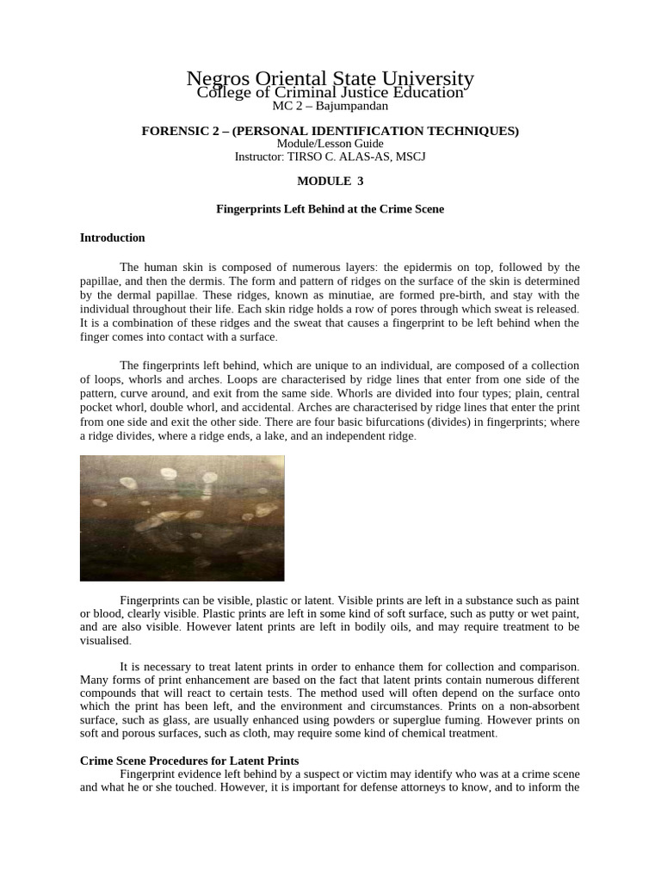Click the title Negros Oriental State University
[x=330, y=78]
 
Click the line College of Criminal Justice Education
[x=330, y=92]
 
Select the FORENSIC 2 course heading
[x=330, y=131]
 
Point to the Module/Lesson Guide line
[x=330, y=144]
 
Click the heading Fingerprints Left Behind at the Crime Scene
[x=330, y=209]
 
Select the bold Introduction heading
[x=113, y=237]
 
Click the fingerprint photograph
[x=182, y=518]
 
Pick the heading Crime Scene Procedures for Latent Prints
[x=189, y=761]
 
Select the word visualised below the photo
[x=105, y=641]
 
